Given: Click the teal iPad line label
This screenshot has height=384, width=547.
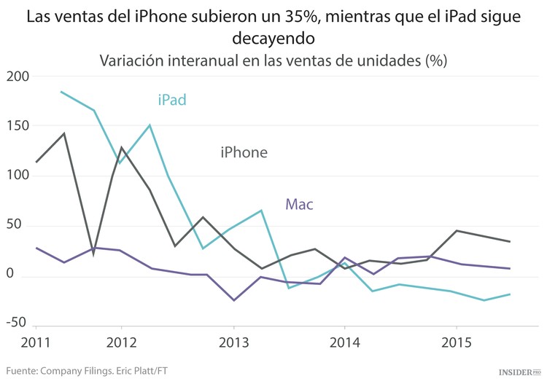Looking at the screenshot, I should (x=172, y=100).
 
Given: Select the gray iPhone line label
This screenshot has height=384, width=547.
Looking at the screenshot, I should (x=244, y=152).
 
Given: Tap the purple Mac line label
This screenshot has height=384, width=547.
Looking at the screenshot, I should (x=299, y=204).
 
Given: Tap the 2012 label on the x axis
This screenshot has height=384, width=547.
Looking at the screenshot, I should (x=122, y=342).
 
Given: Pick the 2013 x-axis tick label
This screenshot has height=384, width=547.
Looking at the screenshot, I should (x=233, y=342).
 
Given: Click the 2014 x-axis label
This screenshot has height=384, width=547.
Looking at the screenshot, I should (x=345, y=342).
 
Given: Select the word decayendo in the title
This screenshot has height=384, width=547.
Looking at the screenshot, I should (x=273, y=38).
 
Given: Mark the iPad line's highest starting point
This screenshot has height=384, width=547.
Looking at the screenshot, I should (x=61, y=92).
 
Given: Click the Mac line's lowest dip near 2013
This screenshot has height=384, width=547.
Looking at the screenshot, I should (x=233, y=300).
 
